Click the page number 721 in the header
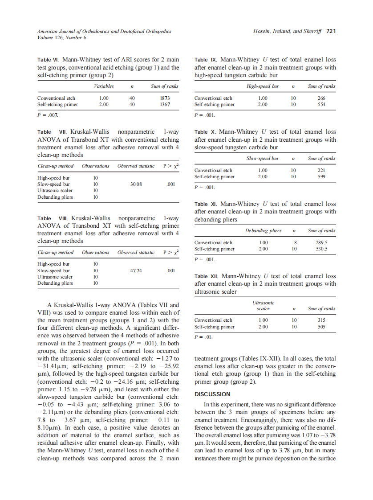(331, 31)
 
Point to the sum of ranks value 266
(321, 98)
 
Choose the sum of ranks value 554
(321, 104)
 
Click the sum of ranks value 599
(321, 176)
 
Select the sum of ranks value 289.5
(321, 242)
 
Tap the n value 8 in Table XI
(293, 242)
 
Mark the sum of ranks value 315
(321, 320)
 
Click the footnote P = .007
(47, 115)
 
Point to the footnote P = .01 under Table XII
(204, 337)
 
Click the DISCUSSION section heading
(212, 394)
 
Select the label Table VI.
(48, 59)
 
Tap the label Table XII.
(207, 276)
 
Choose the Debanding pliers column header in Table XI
(263, 230)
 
